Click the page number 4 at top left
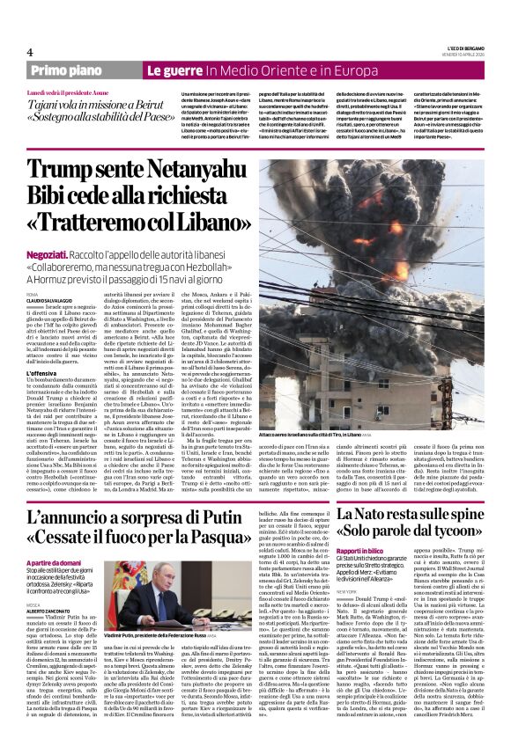click(29, 52)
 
